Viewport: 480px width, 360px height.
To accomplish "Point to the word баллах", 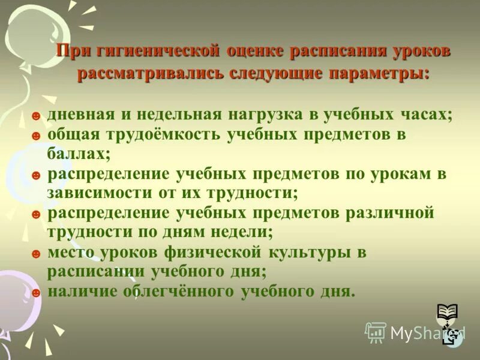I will [79, 154].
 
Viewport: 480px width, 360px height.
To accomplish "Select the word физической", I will [227, 251].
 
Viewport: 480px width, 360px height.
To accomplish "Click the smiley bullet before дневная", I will [36, 116].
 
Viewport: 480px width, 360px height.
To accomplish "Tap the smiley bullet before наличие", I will [36, 293].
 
